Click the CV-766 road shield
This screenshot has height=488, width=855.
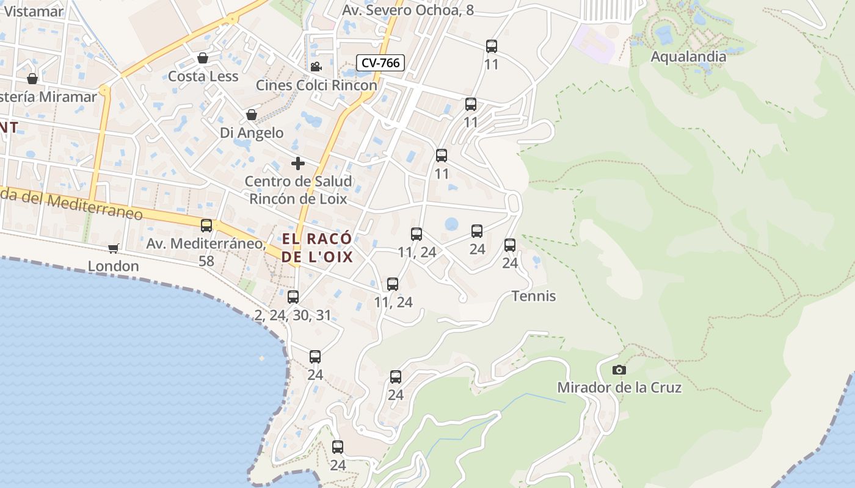coord(380,63)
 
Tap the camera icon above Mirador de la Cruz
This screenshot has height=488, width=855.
coord(619,370)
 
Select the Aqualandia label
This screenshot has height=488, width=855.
coord(688,57)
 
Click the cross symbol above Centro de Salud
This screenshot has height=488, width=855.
coord(298,163)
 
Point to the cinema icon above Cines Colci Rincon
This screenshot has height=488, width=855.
coord(316,67)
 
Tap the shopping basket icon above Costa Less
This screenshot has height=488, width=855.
coord(203,58)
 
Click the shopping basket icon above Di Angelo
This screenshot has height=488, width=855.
coord(251,115)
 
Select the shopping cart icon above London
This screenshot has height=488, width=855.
coord(113,248)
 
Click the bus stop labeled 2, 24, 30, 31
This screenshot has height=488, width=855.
coord(293,297)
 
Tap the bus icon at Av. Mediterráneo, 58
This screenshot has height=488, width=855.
coord(206,226)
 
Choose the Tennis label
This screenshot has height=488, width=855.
coord(533,296)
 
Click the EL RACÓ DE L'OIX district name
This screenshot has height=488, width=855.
coord(317,247)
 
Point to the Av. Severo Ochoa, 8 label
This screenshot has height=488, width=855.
coord(407,10)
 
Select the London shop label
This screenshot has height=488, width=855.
coord(113,266)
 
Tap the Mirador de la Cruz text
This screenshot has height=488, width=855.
coord(619,387)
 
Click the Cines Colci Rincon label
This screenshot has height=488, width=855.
coord(316,85)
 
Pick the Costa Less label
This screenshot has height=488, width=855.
coord(203,76)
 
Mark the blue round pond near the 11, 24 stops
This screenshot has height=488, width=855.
coord(451,224)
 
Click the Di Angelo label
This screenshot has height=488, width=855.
coord(252,132)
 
